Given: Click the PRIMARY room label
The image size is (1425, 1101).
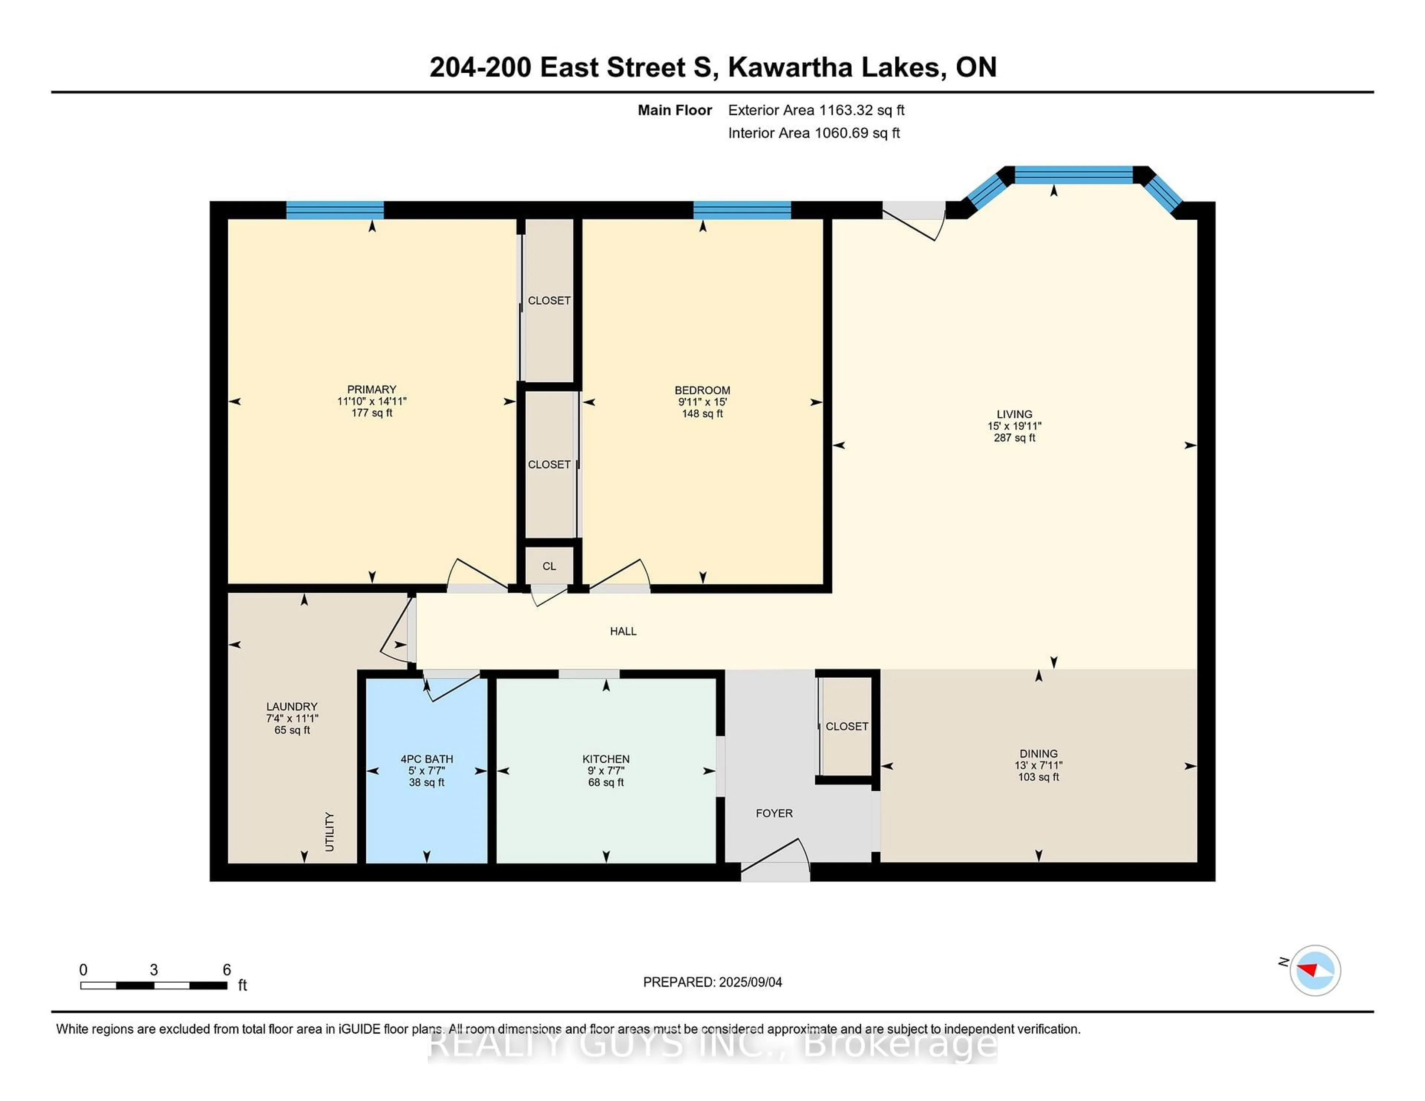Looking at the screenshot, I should coord(371,390).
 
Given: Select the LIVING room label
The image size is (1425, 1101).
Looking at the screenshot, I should coord(1014,414).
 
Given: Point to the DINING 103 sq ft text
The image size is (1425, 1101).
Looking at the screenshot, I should coord(1038,777).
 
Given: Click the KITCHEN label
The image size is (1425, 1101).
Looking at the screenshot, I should coord(606,759).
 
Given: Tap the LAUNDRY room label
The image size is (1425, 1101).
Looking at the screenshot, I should coord(292,706).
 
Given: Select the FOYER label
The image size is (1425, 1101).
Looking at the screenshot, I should coord(774,814).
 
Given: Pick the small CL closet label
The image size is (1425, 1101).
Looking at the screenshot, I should coord(549,566).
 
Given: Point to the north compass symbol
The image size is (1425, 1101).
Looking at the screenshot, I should coord(1315,970).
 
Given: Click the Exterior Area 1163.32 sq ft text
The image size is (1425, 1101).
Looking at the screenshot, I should coord(816,110).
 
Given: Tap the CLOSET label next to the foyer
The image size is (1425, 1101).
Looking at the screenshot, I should coord(846,726).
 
